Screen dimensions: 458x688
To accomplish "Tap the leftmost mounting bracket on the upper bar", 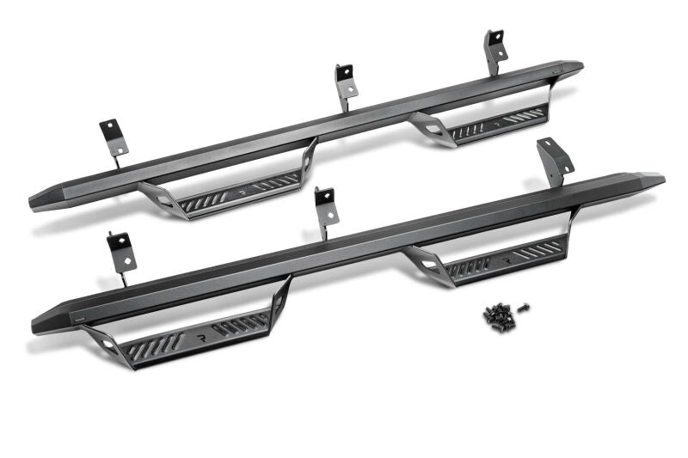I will [x=114, y=137].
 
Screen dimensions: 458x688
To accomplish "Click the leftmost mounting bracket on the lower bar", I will [x=120, y=251].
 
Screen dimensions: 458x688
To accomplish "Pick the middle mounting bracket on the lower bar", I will [x=325, y=208].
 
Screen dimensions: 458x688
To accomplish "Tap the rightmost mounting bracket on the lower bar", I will [x=553, y=159].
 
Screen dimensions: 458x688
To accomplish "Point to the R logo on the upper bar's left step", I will [x=242, y=186].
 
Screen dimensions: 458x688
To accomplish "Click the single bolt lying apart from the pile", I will [x=525, y=307].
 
